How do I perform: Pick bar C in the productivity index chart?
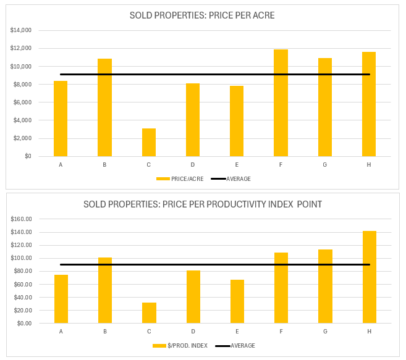[x=149, y=312]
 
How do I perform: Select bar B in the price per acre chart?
[x=104, y=107]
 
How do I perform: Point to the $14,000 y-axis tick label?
[x=21, y=30]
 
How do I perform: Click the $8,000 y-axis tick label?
[x=22, y=85]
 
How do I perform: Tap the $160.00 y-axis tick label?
[x=21, y=219]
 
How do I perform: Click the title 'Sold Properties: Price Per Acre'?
[x=203, y=15]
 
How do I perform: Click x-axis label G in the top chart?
[x=325, y=164]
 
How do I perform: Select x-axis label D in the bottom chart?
[x=193, y=331]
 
